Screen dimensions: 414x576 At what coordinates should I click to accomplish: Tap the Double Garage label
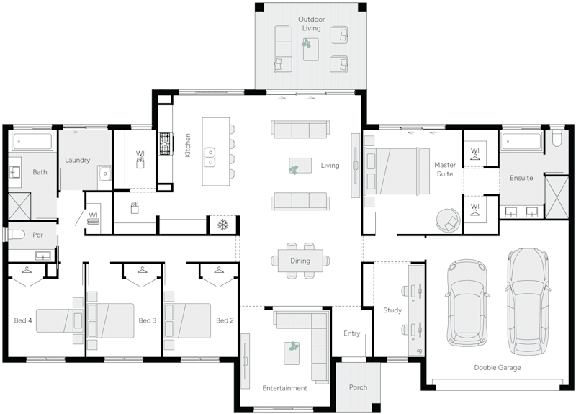point(497,367)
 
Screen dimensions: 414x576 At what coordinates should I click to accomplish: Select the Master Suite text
point(445,169)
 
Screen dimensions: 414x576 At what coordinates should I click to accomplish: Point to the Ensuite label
point(521,178)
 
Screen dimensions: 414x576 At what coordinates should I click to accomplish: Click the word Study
point(392,310)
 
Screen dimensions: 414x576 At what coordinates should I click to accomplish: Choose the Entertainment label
point(284,388)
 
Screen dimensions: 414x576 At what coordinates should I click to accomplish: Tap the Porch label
point(358,387)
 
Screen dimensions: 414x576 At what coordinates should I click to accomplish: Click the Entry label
point(351,333)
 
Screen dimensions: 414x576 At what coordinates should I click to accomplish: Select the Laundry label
point(77,160)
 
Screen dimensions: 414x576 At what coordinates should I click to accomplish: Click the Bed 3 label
point(147,320)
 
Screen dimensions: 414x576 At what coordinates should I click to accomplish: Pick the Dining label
point(300,261)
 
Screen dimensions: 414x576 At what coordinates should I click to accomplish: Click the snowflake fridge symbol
point(222,225)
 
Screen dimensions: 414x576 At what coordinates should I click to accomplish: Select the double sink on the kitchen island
point(210,153)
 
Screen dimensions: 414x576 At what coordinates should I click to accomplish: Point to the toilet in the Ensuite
point(557,138)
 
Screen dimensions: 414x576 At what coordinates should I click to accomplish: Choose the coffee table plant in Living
point(294,170)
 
